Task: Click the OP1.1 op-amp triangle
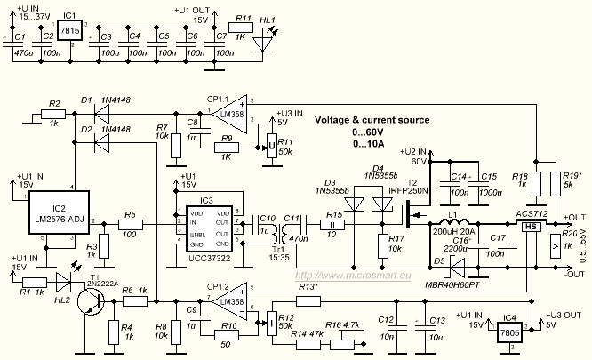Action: pos(229,112)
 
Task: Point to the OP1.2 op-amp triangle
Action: pos(229,302)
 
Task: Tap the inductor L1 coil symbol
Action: pos(459,220)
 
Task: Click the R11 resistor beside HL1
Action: pos(240,28)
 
